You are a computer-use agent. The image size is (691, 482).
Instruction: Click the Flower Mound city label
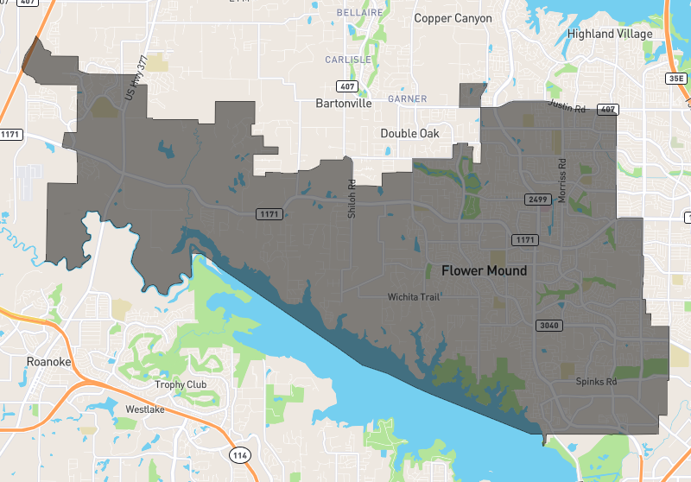point(484,270)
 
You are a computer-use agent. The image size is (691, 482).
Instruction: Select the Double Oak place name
point(410,133)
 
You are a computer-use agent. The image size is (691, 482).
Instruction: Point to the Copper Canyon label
point(453,18)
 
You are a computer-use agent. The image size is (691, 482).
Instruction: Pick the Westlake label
point(145,409)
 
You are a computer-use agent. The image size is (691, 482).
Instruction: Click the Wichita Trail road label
point(414,297)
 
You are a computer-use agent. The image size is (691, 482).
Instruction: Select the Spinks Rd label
point(597,381)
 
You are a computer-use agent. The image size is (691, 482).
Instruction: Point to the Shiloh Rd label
point(352,198)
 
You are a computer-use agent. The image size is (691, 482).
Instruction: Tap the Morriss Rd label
point(561,181)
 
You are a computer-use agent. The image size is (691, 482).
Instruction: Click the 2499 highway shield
point(537,200)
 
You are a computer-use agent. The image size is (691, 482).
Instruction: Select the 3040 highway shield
point(549,326)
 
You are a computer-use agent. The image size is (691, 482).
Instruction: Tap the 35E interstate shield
point(675,79)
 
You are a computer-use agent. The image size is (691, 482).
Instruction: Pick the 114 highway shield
point(239,453)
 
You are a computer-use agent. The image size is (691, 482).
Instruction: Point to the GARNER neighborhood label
point(408,99)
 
